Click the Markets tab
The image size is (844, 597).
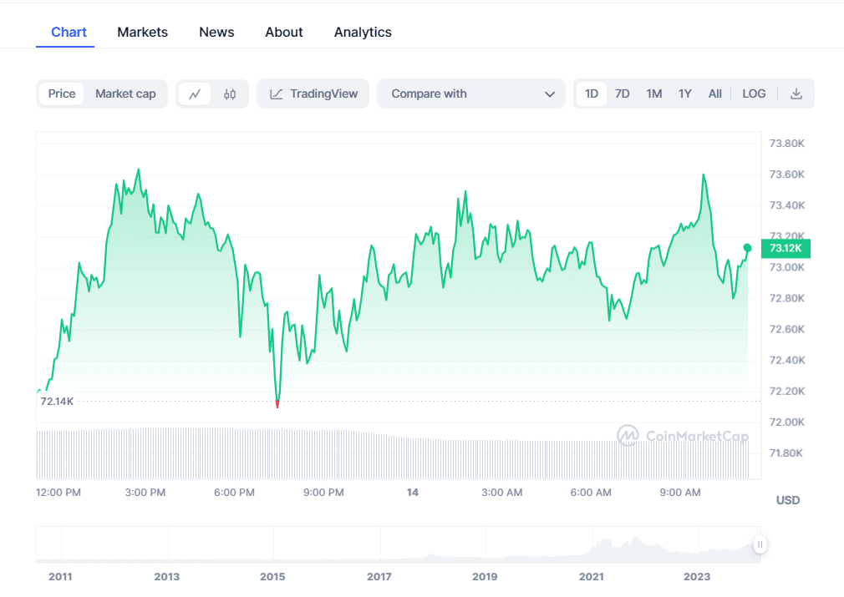point(142,33)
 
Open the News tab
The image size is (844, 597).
point(216,33)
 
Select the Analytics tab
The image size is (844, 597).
point(363,33)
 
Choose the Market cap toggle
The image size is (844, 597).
point(125,94)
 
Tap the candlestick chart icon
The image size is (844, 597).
point(230,94)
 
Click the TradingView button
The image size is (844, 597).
point(313,94)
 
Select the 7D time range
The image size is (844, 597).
point(622,94)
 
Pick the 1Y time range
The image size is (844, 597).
point(684,94)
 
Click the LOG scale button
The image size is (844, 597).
point(754,94)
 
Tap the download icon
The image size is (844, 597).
point(796,94)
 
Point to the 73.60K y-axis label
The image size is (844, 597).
point(786,175)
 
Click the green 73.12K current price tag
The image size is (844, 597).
point(786,248)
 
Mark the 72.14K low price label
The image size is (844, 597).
point(57,402)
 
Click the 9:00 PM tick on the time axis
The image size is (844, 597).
point(323,493)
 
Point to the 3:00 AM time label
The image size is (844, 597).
point(502,493)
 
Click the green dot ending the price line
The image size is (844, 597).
point(747,248)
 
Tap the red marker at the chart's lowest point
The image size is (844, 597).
point(277,405)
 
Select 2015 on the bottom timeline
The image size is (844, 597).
point(272,577)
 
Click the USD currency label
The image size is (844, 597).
point(787,500)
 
